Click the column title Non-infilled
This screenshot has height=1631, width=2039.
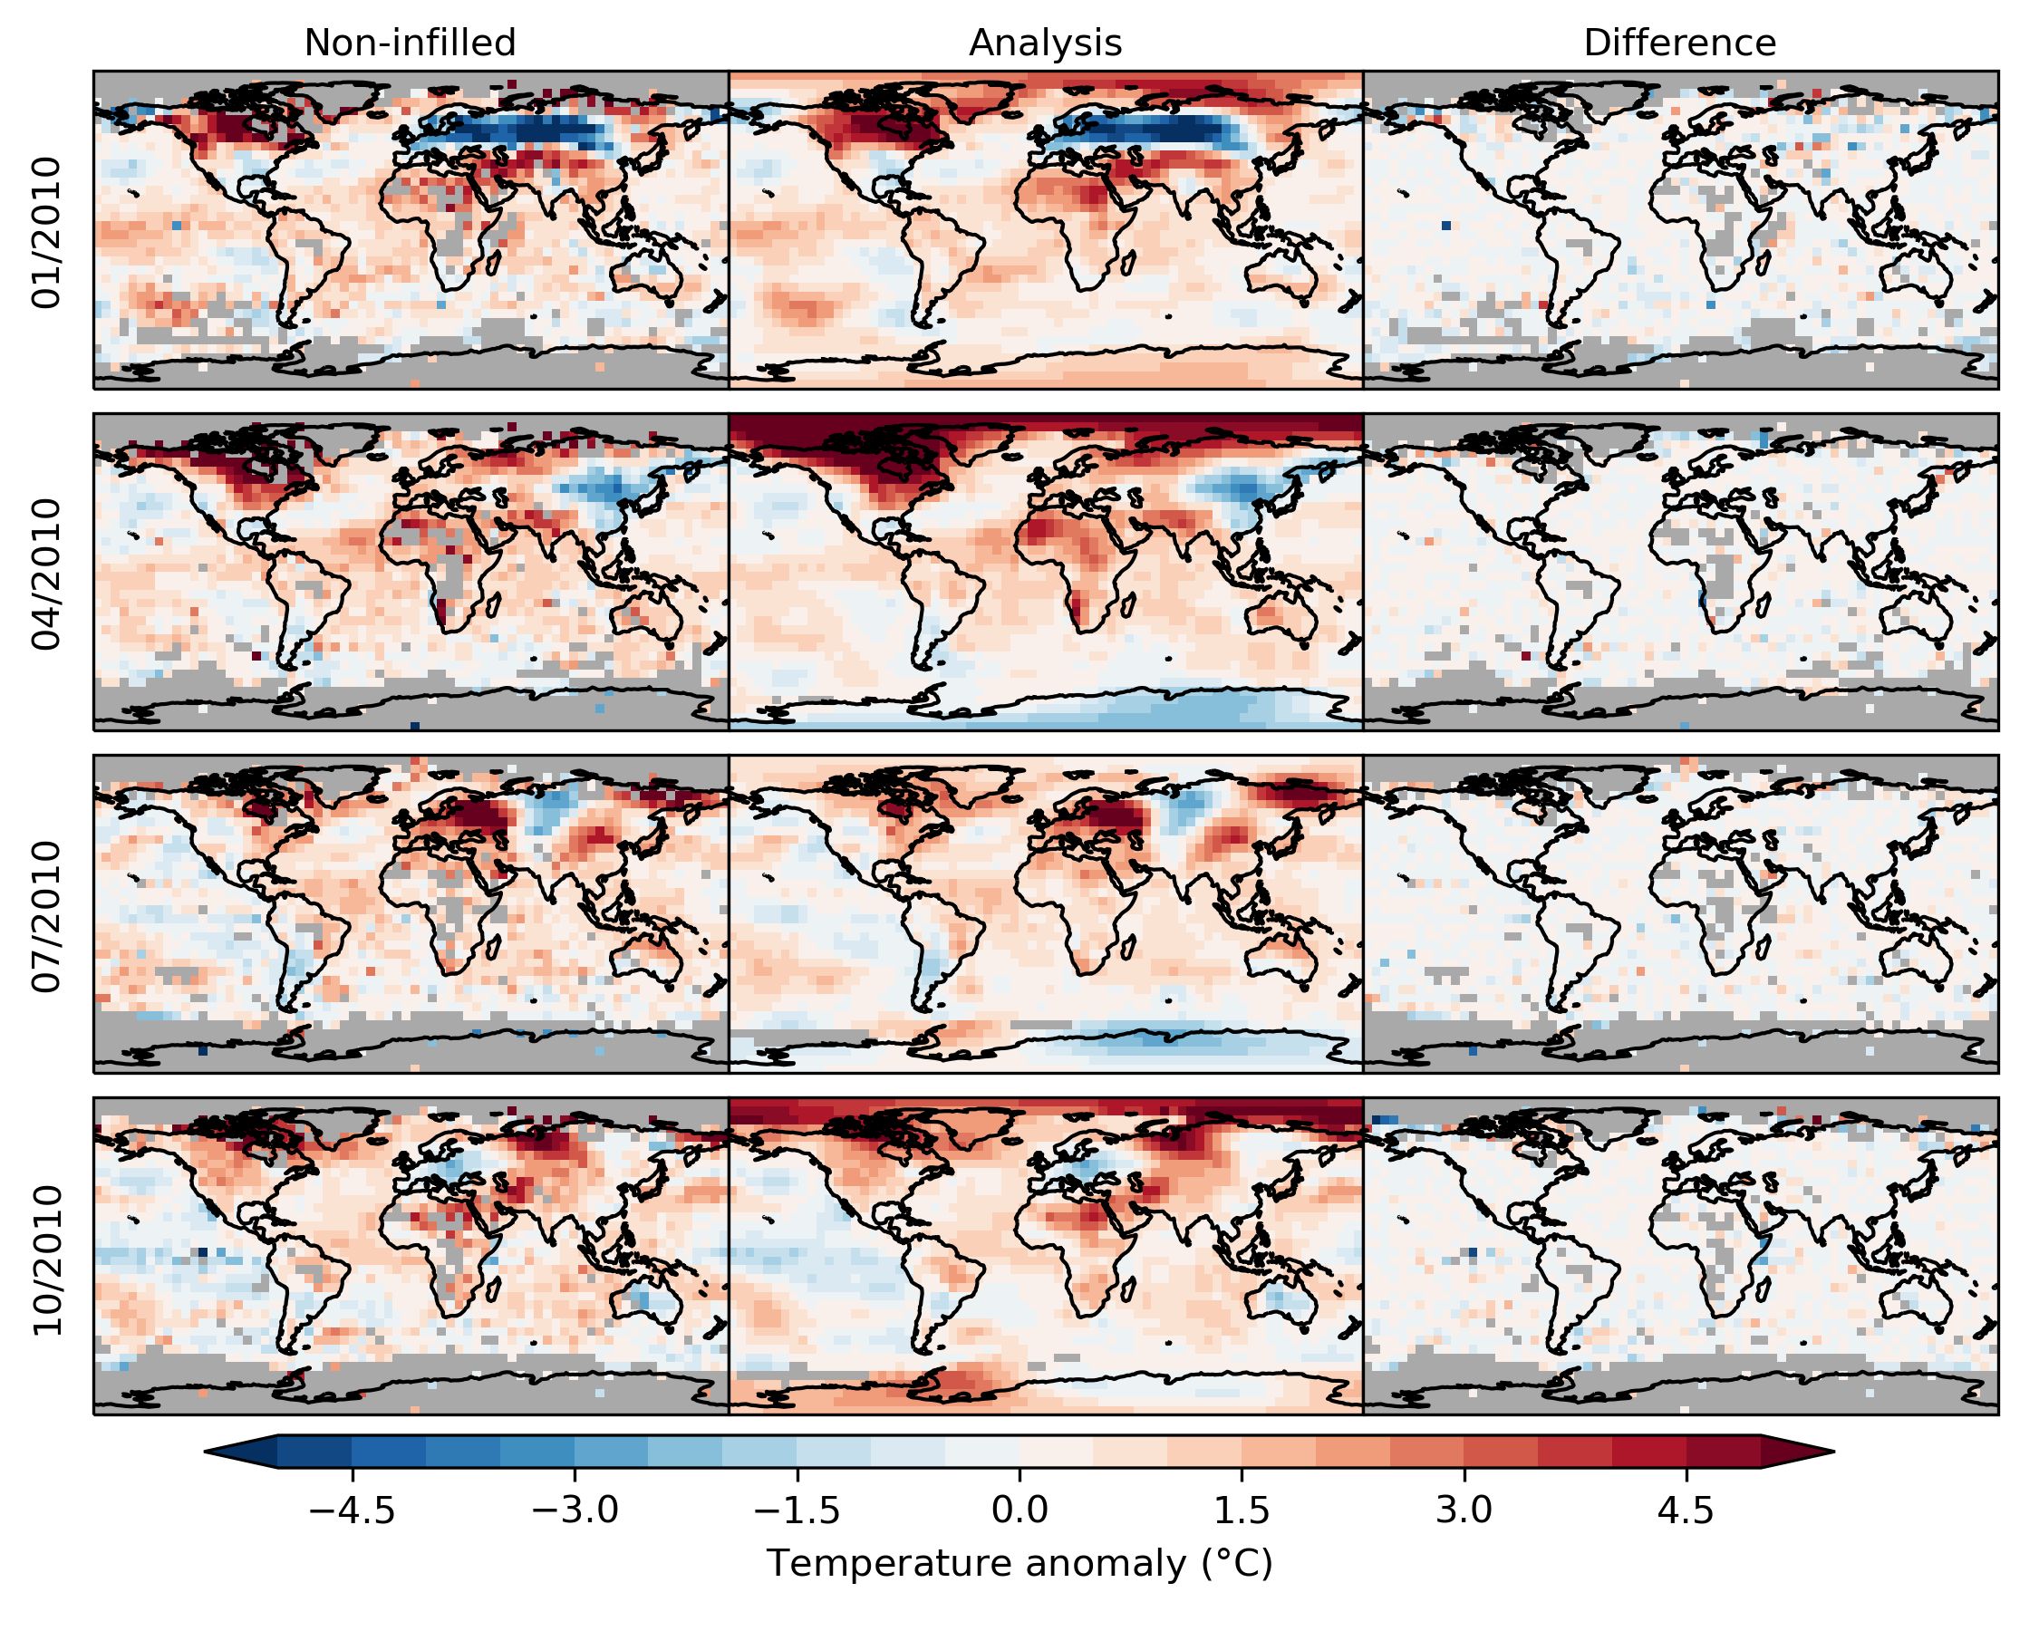coord(410,43)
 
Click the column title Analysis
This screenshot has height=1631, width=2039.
coord(1045,43)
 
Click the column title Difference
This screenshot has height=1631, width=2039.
coord(1679,43)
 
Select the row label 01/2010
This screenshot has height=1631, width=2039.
coord(46,233)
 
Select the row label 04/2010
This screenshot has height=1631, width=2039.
coord(46,574)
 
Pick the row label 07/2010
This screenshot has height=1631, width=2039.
coord(46,917)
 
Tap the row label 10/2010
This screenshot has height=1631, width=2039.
coord(46,1260)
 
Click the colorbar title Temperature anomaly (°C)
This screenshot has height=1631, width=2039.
coord(1019,1564)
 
